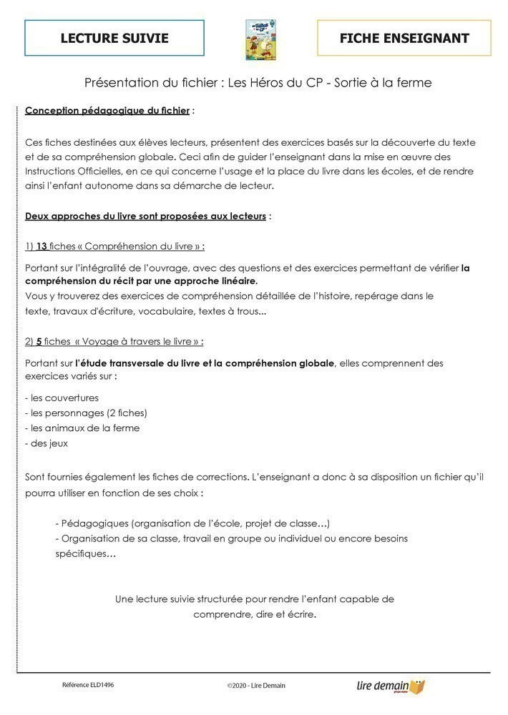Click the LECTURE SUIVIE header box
(x=114, y=38)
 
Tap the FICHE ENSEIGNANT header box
(x=404, y=38)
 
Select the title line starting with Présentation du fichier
(x=258, y=82)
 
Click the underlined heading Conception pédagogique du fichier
(x=107, y=111)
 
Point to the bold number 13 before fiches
(x=41, y=246)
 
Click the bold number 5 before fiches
(x=39, y=341)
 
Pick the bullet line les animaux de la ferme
(x=82, y=428)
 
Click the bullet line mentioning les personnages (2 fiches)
(x=86, y=413)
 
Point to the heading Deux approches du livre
(x=145, y=216)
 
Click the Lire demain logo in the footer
(x=391, y=686)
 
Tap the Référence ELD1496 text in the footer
(x=88, y=684)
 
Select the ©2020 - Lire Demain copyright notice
(x=256, y=686)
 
